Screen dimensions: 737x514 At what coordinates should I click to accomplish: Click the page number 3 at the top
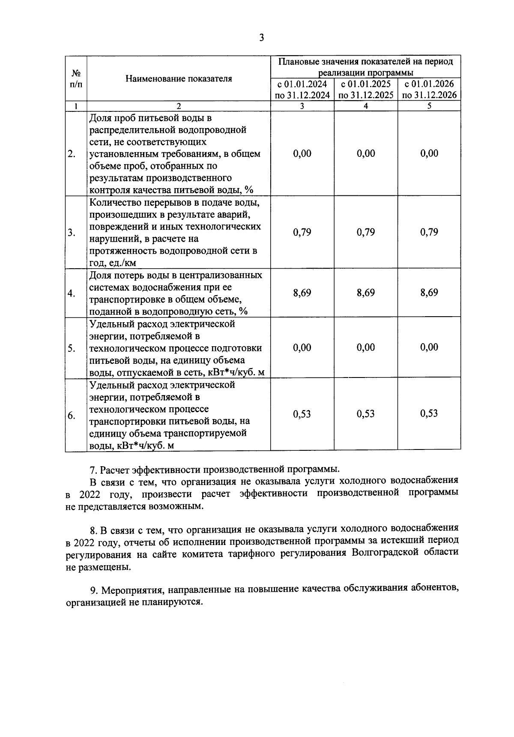tap(261, 38)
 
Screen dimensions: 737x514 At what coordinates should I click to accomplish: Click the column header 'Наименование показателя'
tap(179, 78)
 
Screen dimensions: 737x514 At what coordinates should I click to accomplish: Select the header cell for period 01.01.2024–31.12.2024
tap(302, 89)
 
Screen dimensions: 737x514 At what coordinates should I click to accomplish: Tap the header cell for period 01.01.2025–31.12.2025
tap(366, 89)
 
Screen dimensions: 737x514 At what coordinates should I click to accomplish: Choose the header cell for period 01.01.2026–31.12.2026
tap(429, 89)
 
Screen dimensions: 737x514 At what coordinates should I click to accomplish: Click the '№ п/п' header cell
tap(76, 78)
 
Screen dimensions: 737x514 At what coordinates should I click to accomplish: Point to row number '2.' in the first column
tap(72, 154)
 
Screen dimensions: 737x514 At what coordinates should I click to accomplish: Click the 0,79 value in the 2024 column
tap(302, 232)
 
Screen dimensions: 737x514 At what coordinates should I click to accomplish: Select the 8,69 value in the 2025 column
tap(366, 293)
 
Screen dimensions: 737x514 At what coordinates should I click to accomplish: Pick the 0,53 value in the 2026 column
tap(429, 413)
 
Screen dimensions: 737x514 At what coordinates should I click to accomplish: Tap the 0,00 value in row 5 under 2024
tap(302, 348)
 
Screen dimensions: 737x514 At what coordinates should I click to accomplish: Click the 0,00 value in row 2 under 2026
tap(429, 153)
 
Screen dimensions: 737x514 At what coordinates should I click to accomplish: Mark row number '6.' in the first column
tap(72, 415)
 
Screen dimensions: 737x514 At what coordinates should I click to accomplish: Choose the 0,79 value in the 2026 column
tap(429, 232)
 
